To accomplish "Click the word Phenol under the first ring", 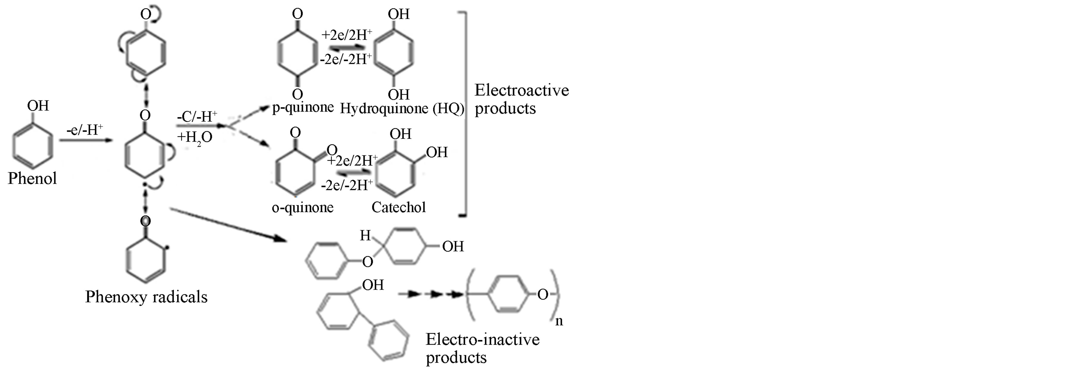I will point(32,179).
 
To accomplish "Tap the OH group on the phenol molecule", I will point(38,106).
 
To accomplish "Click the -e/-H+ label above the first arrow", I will point(84,131).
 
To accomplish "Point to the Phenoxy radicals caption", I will point(146,297).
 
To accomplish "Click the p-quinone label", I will point(303,108).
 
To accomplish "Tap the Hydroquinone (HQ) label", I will point(402,109).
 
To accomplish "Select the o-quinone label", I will point(303,207).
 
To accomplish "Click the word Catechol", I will point(399,207).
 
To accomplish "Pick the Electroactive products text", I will point(521,99).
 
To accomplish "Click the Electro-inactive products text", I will point(483,348).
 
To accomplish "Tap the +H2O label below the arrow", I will point(194,137).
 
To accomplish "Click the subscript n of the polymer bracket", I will point(559,321).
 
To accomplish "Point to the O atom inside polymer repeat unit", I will point(542,295).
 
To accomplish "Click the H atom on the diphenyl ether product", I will point(365,236).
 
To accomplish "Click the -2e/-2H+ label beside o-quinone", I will point(347,185).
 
